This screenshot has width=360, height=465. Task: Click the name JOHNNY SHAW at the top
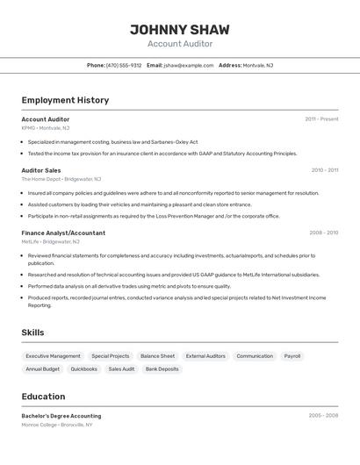[180, 29]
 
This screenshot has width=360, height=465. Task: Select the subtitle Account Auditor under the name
[180, 44]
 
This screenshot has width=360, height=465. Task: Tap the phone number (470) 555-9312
[124, 65]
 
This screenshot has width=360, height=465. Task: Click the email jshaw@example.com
[189, 65]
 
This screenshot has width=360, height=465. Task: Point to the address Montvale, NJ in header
[258, 65]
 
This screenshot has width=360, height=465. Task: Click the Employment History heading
[65, 100]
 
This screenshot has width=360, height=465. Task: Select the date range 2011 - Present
[321, 119]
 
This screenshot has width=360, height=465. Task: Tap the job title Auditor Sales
[41, 170]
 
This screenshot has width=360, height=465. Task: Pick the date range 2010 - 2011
[324, 170]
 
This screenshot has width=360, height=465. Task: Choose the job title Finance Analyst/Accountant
[63, 232]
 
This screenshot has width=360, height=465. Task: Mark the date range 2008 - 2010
[324, 232]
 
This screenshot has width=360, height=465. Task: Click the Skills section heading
[32, 333]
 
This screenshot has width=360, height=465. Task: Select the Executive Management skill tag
[53, 356]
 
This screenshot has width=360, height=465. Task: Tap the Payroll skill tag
[292, 356]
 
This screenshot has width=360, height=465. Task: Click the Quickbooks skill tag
[84, 369]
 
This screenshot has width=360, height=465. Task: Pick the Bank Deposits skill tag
[162, 369]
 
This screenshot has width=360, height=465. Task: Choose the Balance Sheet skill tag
[157, 356]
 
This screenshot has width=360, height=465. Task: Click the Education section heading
[43, 397]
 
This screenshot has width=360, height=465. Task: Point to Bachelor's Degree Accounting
[61, 416]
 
